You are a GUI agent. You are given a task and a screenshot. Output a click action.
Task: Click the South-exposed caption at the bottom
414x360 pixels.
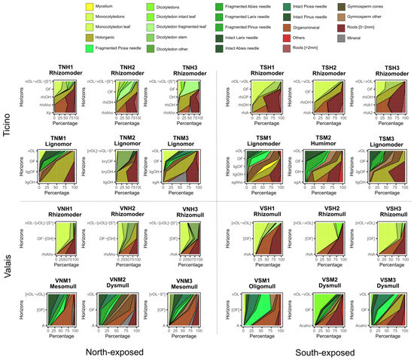click(x=317, y=352)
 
